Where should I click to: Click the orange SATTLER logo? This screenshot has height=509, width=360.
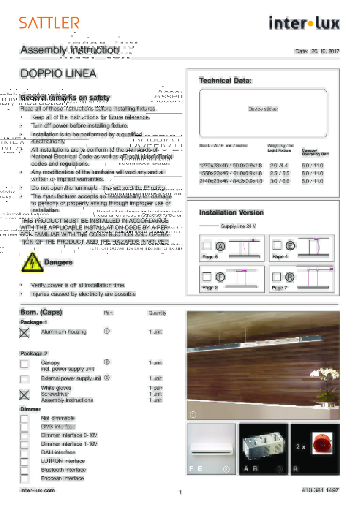click(49, 23)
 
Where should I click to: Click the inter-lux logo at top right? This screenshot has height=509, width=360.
click(304, 23)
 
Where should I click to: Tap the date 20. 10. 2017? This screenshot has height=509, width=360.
click(325, 51)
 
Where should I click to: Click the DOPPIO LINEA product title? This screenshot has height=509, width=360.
click(58, 73)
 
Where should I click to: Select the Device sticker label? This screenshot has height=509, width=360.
click(263, 109)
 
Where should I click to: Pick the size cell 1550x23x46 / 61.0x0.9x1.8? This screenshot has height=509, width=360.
click(230, 173)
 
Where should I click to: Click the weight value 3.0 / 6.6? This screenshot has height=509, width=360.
click(279, 181)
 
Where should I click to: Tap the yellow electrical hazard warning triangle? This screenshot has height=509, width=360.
click(32, 263)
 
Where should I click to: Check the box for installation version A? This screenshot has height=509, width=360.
click(207, 246)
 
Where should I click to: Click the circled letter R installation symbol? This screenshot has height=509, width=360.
click(290, 277)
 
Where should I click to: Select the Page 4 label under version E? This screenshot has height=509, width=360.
click(280, 256)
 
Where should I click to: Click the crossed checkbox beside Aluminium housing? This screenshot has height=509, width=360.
click(24, 333)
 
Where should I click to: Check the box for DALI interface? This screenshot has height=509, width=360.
click(24, 453)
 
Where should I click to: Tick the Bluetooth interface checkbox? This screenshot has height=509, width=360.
click(24, 471)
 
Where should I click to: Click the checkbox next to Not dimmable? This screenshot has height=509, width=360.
click(24, 419)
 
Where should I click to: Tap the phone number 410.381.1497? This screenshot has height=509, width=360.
click(320, 490)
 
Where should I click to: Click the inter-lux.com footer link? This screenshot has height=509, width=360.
click(37, 490)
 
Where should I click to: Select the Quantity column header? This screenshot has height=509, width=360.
click(157, 313)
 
